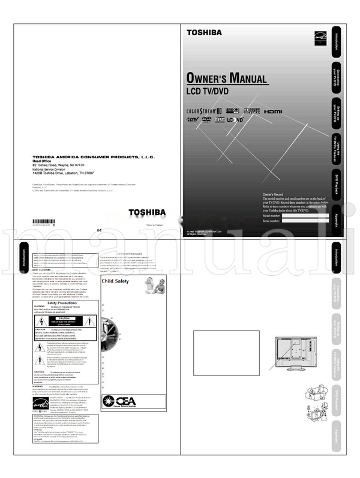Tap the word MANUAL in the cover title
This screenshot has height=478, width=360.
(x=241, y=78)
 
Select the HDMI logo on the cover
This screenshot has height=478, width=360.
(x=274, y=112)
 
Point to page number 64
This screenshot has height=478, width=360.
(x=99, y=231)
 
